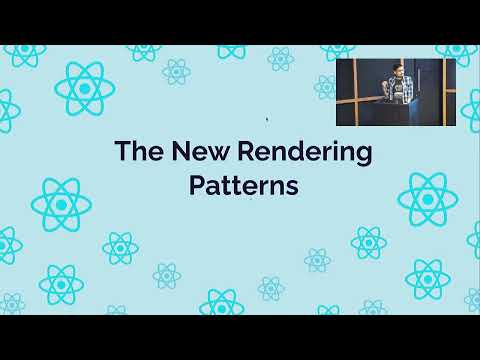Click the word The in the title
point(139,150)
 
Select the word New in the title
point(201,151)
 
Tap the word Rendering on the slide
point(305,153)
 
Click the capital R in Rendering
point(247,151)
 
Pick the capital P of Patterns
point(197,185)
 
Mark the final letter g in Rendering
point(364,156)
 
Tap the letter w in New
point(219,153)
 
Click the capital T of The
point(123,151)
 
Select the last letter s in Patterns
point(292,188)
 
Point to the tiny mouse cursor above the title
point(267,119)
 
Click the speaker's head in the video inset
point(397,70)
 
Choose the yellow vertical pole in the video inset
point(444,92)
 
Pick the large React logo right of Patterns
point(428,199)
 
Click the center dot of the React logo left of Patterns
point(61,205)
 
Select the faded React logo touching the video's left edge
point(325,87)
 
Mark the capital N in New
point(181,151)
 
